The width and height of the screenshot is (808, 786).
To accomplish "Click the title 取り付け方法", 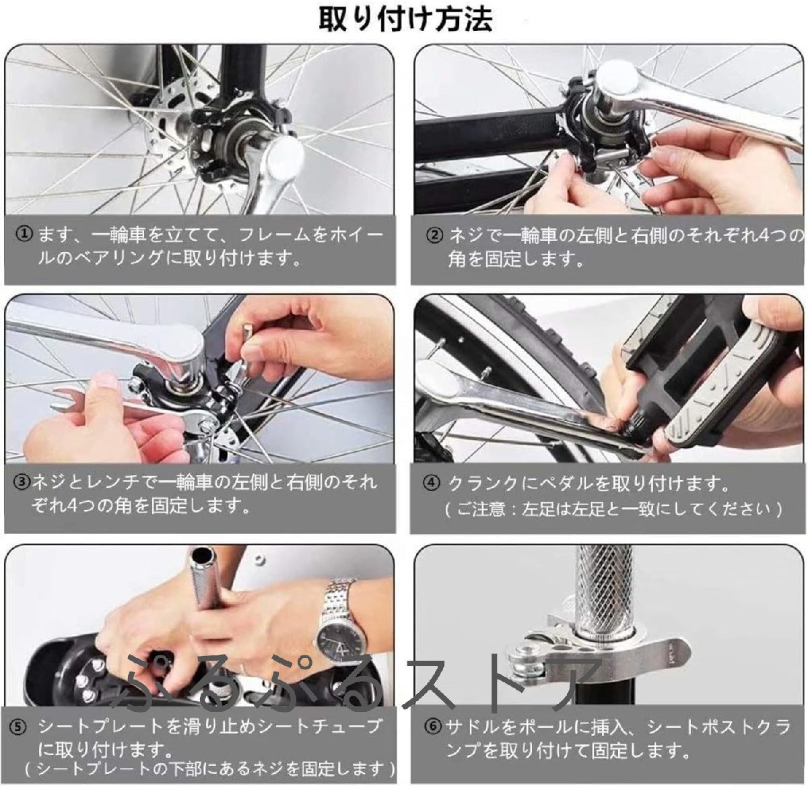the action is click(405, 19).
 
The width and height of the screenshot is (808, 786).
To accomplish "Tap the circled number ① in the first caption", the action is click(24, 234).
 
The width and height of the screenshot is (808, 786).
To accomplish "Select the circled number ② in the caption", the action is click(434, 236).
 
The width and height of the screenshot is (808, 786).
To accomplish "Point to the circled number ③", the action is click(22, 482).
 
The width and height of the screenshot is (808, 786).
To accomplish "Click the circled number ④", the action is click(431, 483).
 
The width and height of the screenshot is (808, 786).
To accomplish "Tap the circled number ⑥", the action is click(433, 727).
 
